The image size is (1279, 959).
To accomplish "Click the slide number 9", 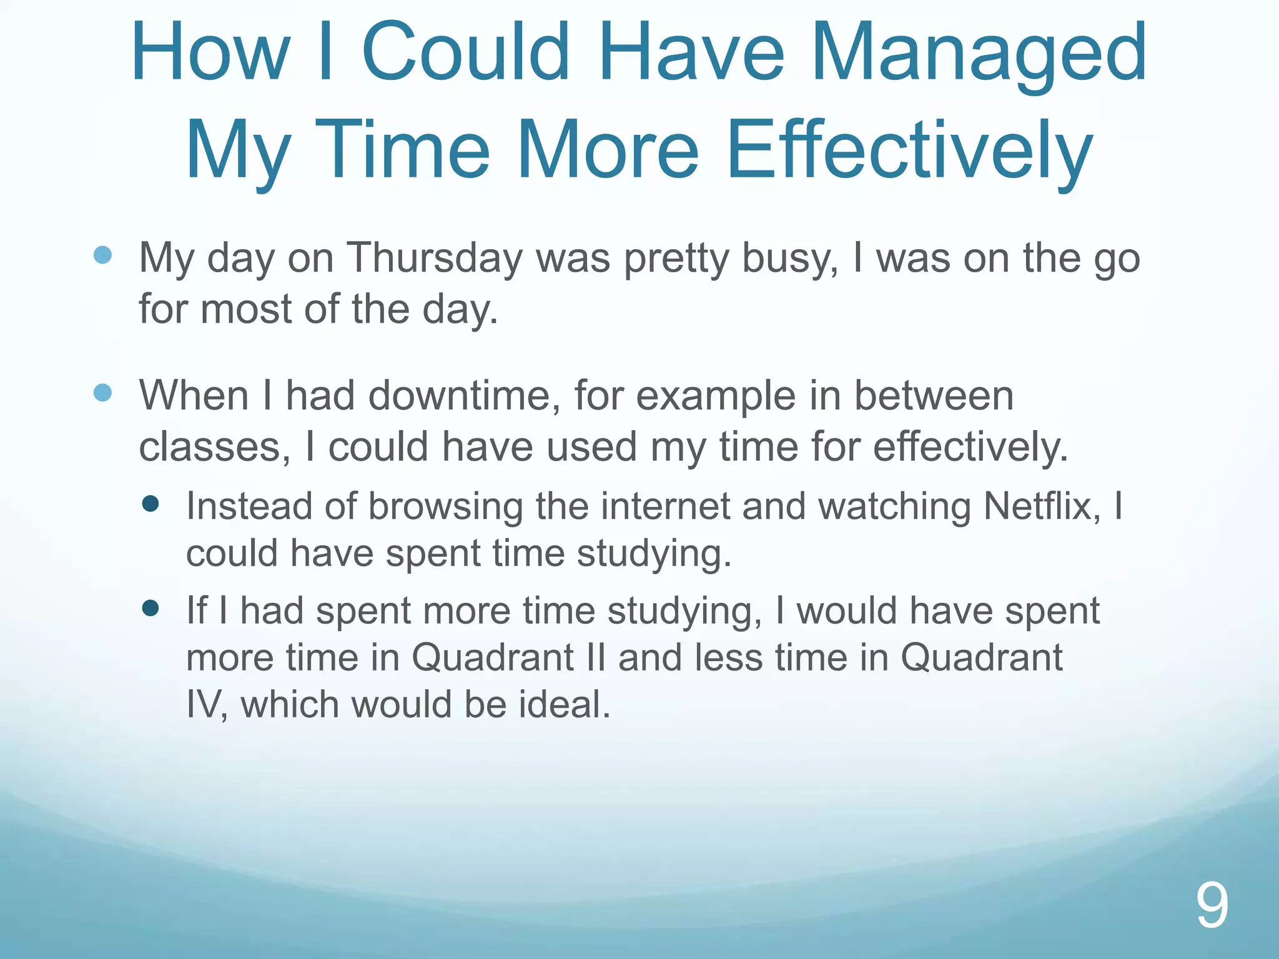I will click(x=1212, y=905).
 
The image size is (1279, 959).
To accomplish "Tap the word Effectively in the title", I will click(x=909, y=151).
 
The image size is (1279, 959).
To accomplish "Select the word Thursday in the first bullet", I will click(x=434, y=258).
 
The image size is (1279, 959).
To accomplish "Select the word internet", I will click(x=666, y=506).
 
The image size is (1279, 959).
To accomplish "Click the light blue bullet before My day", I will click(x=102, y=255).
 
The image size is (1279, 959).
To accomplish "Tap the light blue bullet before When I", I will click(x=102, y=393).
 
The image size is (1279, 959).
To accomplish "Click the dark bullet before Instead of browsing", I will click(x=151, y=504).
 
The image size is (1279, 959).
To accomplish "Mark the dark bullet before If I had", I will click(x=151, y=608).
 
